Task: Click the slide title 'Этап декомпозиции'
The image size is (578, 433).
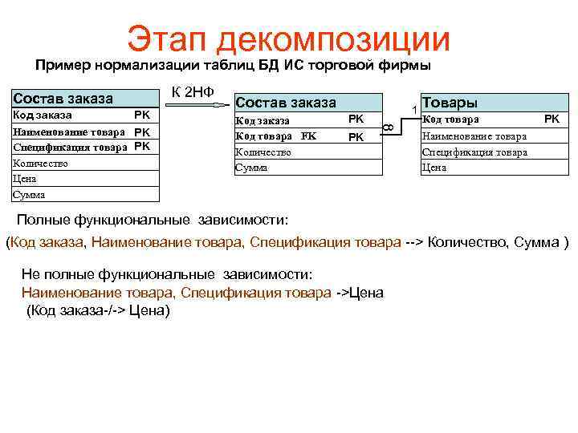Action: coord(288,38)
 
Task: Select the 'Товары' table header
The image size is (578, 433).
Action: coord(450,103)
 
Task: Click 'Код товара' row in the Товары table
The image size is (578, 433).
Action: coord(450,119)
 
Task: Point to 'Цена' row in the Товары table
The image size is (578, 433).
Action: coord(434,168)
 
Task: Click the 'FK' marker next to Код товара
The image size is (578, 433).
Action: coord(309,136)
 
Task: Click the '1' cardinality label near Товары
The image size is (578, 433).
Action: coord(413,109)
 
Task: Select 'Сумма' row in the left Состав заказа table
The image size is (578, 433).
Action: coord(29,195)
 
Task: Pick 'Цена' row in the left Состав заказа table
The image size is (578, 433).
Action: coord(24,180)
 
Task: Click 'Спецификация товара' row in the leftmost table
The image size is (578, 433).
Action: coord(71,147)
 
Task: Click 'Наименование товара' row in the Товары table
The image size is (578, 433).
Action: coord(474,136)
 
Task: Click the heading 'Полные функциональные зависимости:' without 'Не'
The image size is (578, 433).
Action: coord(152,221)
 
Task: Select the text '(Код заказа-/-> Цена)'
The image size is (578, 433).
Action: coord(98,310)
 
